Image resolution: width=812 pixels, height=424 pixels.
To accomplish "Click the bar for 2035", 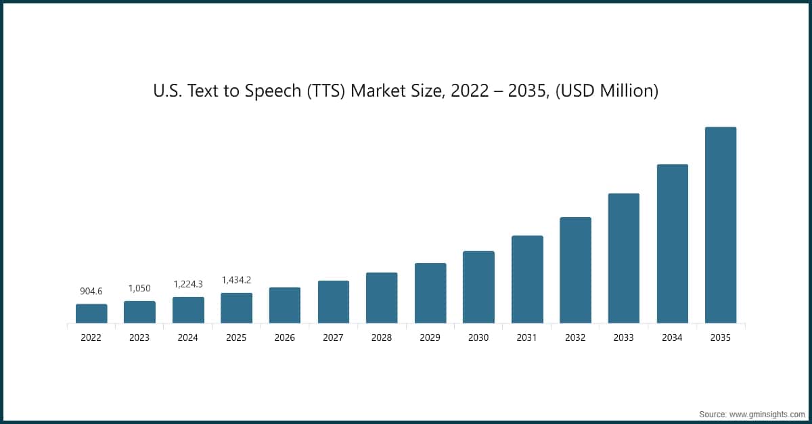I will coord(721,225).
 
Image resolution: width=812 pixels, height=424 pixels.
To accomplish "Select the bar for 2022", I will coord(91,313).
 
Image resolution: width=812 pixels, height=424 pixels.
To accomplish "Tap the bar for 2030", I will coord(478,287).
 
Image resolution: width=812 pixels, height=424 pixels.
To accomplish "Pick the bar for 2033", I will coord(624,258).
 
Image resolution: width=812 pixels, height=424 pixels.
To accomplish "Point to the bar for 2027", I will coord(334,302).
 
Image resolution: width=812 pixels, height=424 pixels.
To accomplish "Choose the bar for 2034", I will coord(672,243).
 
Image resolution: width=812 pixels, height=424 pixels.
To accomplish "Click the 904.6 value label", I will coord(91,291).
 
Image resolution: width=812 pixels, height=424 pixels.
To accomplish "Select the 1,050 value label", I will coord(139,288).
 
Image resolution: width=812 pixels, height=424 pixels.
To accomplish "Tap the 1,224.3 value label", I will coord(188,284).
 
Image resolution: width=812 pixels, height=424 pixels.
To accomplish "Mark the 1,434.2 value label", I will coord(236,280).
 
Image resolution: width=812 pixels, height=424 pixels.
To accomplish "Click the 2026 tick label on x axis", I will coord(285,337).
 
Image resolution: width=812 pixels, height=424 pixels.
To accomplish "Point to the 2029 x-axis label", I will coord(430,337).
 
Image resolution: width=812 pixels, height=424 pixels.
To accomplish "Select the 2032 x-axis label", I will coord(575,337).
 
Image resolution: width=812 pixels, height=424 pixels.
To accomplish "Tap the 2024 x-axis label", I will coord(188,337).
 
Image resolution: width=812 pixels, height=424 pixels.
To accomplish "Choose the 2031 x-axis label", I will coord(527,337).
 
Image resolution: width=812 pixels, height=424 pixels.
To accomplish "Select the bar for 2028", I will coord(382,298).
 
